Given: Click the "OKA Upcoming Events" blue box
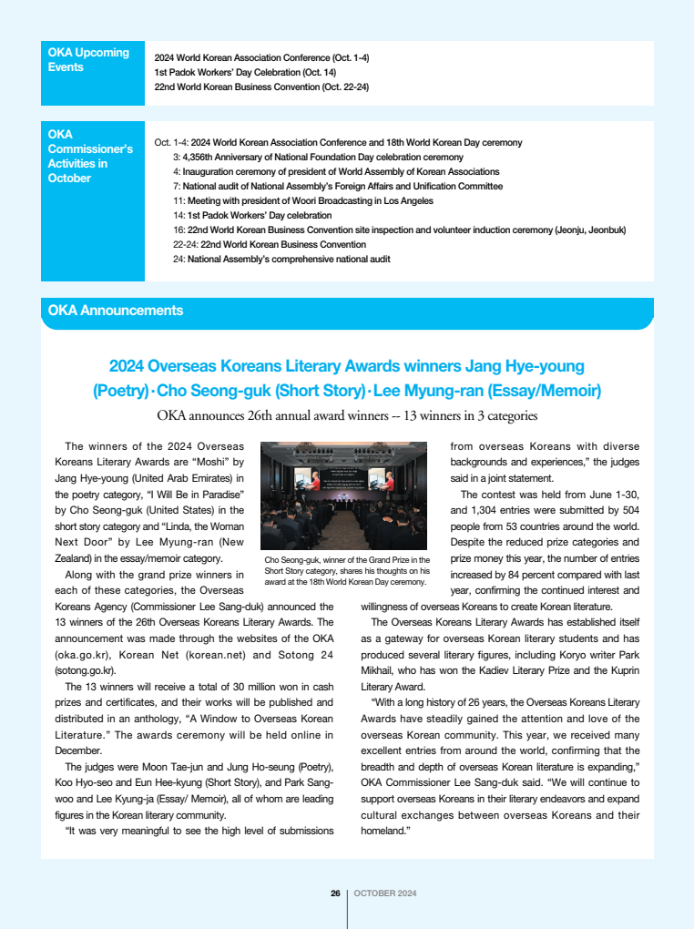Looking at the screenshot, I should pos(92,73).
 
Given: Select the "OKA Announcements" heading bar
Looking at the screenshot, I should pos(346,311).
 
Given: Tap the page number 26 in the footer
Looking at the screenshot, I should pos(335,893).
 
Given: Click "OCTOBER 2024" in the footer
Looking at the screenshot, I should pos(385,893).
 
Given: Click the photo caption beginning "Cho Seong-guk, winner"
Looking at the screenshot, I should pos(346,570).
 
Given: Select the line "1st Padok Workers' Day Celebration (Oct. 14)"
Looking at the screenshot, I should pos(245,72).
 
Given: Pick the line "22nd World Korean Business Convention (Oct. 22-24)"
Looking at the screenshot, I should pos(261,87).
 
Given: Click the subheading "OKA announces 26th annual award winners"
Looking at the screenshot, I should pos(347,416).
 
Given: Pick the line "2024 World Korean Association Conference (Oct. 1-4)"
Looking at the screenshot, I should pos(261,57).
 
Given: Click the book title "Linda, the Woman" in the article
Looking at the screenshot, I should pos(199,526).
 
